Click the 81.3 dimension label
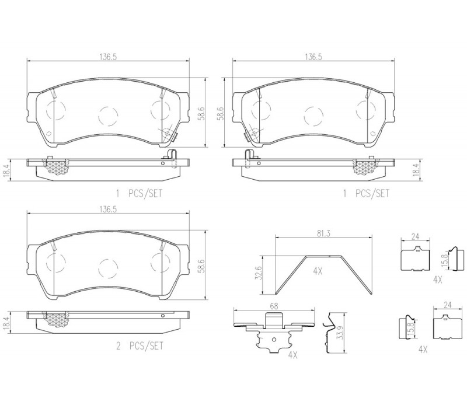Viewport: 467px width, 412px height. click(323, 233)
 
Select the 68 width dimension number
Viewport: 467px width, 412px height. click(274, 306)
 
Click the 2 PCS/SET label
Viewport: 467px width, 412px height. click(140, 346)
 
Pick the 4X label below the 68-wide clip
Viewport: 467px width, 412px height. click(293, 355)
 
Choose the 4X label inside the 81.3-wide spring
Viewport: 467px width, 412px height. click(318, 271)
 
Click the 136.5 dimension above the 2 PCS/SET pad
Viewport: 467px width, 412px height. click(108, 210)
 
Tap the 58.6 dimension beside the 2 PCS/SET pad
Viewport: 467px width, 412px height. click(202, 266)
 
